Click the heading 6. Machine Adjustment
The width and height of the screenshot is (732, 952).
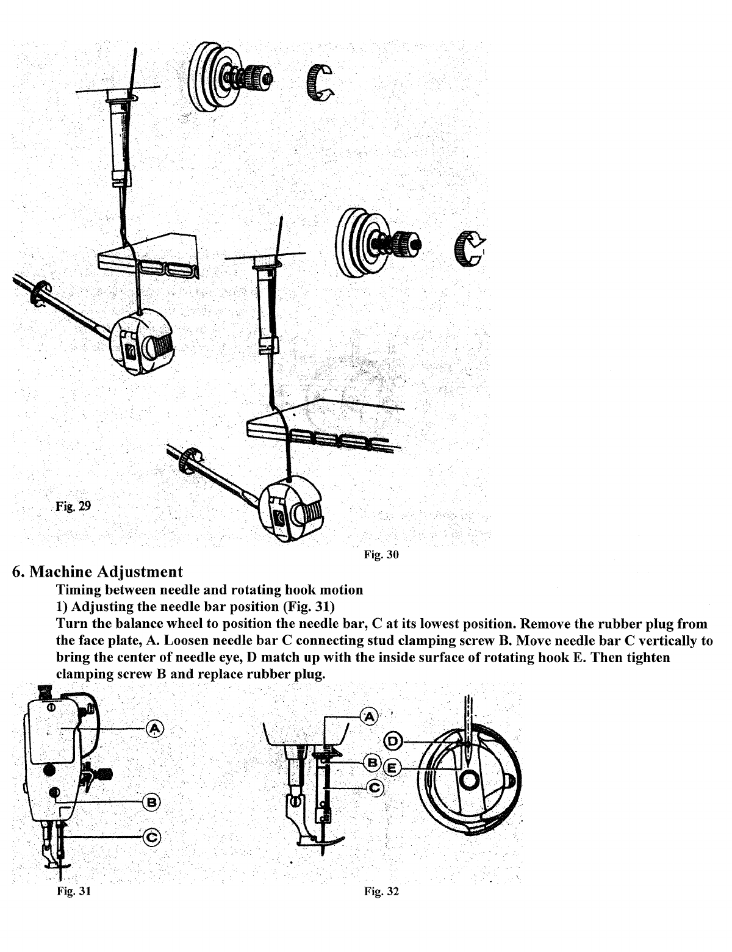97,572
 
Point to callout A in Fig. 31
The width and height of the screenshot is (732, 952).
155,728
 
